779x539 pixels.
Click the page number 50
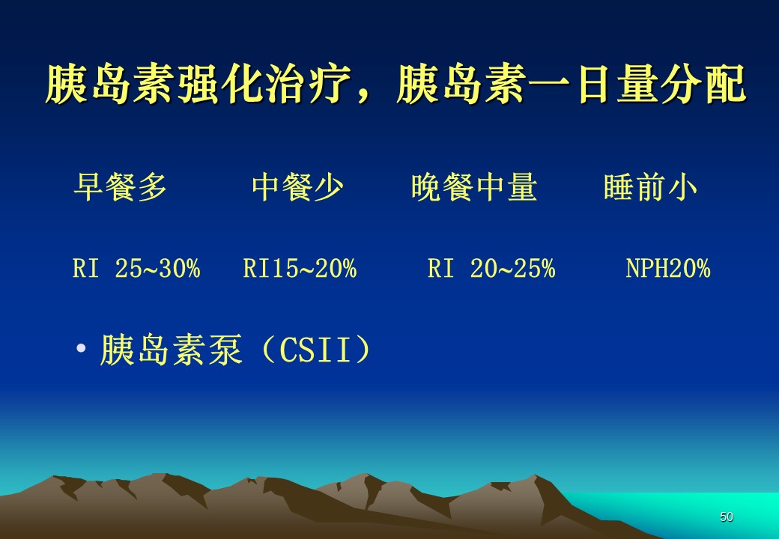(x=727, y=517)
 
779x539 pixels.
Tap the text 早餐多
(x=120, y=187)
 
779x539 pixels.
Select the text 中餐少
(x=297, y=187)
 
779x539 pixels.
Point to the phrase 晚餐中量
(x=474, y=187)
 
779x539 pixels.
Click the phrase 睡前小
(x=650, y=187)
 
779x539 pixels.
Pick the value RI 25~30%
(x=136, y=269)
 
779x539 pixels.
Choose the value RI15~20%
(x=300, y=269)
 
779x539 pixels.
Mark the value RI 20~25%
(x=491, y=269)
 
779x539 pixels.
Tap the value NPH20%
(x=667, y=269)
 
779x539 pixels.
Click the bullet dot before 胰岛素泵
(x=81, y=347)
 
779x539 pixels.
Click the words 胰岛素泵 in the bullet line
(x=171, y=350)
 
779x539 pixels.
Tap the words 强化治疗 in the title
(x=265, y=85)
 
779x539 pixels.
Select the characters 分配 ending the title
(x=703, y=85)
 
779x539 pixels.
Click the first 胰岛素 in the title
(x=111, y=85)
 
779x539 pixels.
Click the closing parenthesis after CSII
(x=363, y=350)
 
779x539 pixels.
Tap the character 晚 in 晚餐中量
(x=426, y=187)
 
